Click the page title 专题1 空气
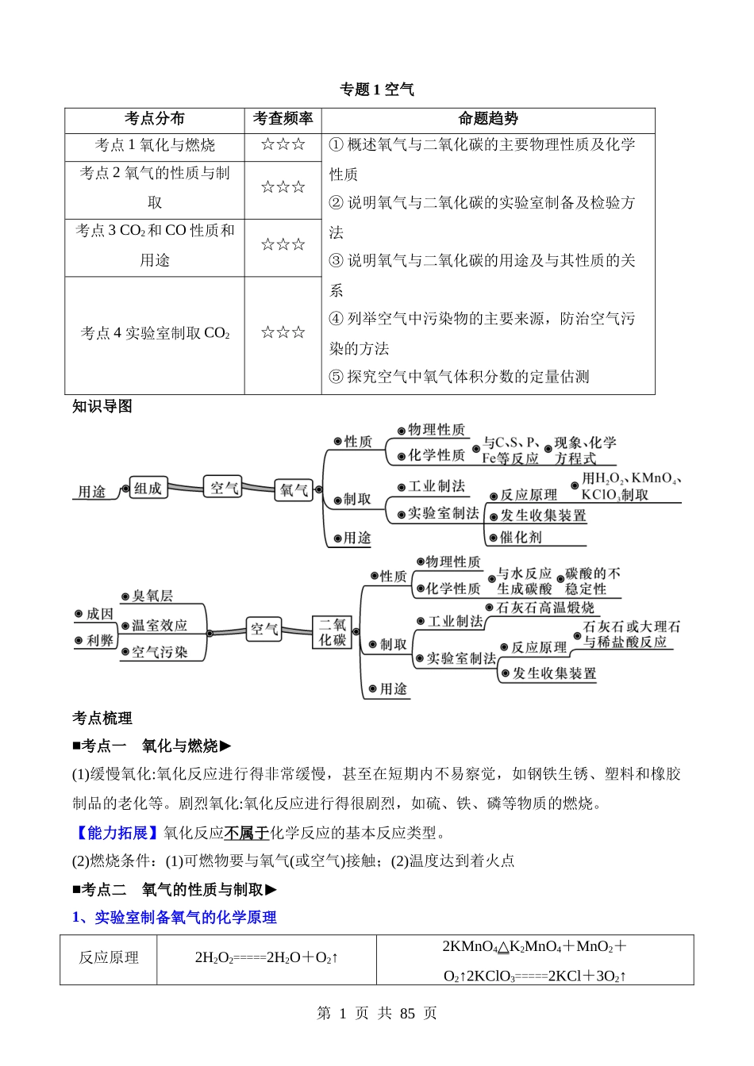pyautogui.click(x=377, y=90)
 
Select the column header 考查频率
pyautogui.click(x=283, y=119)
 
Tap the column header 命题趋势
pyautogui.click(x=488, y=119)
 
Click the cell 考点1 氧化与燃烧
pyautogui.click(x=155, y=145)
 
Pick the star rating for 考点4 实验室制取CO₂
pyautogui.click(x=283, y=333)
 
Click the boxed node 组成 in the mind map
pyautogui.click(x=148, y=489)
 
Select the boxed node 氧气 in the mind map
pyautogui.click(x=294, y=491)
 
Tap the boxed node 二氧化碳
pyautogui.click(x=333, y=632)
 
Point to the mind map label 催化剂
pyautogui.click(x=521, y=537)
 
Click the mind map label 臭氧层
pyautogui.click(x=152, y=596)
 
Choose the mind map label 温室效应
pyautogui.click(x=160, y=625)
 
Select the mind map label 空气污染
pyautogui.click(x=160, y=652)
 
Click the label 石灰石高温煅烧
pyautogui.click(x=545, y=608)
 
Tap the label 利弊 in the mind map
pyautogui.click(x=100, y=640)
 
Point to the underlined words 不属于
pyautogui.click(x=246, y=832)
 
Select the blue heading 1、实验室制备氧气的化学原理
pyautogui.click(x=175, y=918)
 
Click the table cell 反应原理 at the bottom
pyautogui.click(x=109, y=958)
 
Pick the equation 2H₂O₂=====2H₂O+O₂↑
pyautogui.click(x=267, y=958)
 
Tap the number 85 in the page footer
pyautogui.click(x=408, y=1014)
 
